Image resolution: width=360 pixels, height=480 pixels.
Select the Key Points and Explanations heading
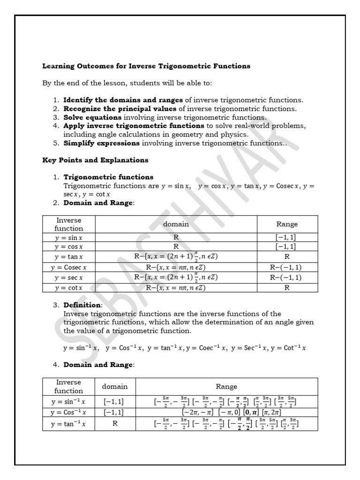click(x=95, y=160)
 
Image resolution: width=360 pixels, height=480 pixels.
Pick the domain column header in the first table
click(x=176, y=224)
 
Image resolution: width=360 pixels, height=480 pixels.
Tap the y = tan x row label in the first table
click(x=68, y=257)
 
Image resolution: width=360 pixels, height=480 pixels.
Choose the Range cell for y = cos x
click(x=287, y=247)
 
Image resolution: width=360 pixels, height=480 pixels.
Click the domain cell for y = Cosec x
click(x=176, y=268)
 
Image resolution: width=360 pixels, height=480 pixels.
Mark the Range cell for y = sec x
click(x=287, y=277)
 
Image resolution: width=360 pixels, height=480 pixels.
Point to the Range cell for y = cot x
click(x=287, y=288)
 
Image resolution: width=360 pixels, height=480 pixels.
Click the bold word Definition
click(x=82, y=305)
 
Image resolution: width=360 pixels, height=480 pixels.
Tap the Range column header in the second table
click(x=226, y=387)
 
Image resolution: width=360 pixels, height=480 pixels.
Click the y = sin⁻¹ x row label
click(x=69, y=402)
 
